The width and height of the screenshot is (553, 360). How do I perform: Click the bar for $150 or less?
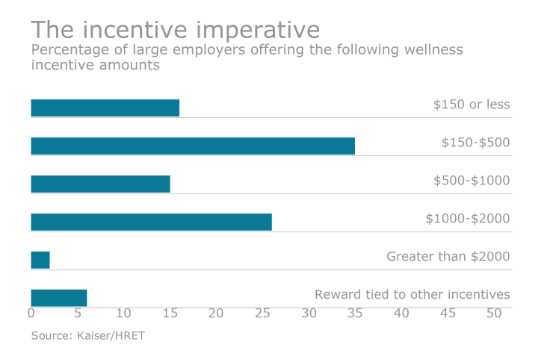(105, 108)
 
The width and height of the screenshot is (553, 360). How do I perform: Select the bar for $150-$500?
(193, 146)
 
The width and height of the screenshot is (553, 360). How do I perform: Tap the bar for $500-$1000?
(100, 184)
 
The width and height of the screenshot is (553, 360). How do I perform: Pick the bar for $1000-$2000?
(151, 222)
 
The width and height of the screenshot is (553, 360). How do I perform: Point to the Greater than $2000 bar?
(40, 260)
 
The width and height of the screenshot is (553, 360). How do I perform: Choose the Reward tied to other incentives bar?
(59, 298)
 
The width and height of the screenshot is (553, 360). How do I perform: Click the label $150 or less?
(472, 105)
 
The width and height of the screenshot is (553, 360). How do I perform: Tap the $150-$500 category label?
(476, 142)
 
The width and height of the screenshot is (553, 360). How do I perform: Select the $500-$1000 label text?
(472, 180)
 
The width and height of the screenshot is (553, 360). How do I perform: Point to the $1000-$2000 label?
(468, 218)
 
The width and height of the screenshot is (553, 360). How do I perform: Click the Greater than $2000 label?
(448, 256)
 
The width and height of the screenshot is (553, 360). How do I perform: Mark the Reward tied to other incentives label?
(412, 294)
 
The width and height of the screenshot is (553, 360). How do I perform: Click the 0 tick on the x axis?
(31, 314)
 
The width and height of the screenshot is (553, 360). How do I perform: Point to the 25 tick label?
(262, 314)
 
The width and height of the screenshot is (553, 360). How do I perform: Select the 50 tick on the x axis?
(493, 314)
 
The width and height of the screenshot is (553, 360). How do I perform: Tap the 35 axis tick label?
(355, 314)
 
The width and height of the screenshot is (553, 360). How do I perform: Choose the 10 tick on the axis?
(123, 314)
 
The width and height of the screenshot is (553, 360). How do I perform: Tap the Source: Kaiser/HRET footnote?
(88, 335)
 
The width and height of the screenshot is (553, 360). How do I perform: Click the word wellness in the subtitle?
(435, 50)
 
